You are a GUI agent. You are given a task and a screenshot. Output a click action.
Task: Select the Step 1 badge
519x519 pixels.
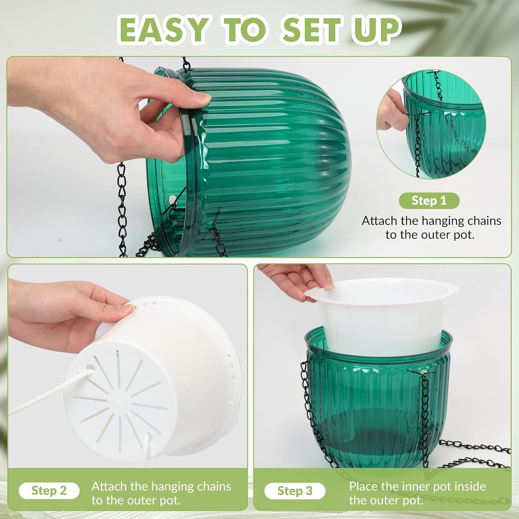coord(429,201)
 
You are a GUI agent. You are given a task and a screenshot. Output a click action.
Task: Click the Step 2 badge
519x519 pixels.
coord(49,491)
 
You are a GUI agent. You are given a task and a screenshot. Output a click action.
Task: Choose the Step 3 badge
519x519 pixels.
coord(295,491)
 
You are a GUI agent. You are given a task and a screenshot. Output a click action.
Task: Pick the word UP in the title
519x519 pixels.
coord(376,30)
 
